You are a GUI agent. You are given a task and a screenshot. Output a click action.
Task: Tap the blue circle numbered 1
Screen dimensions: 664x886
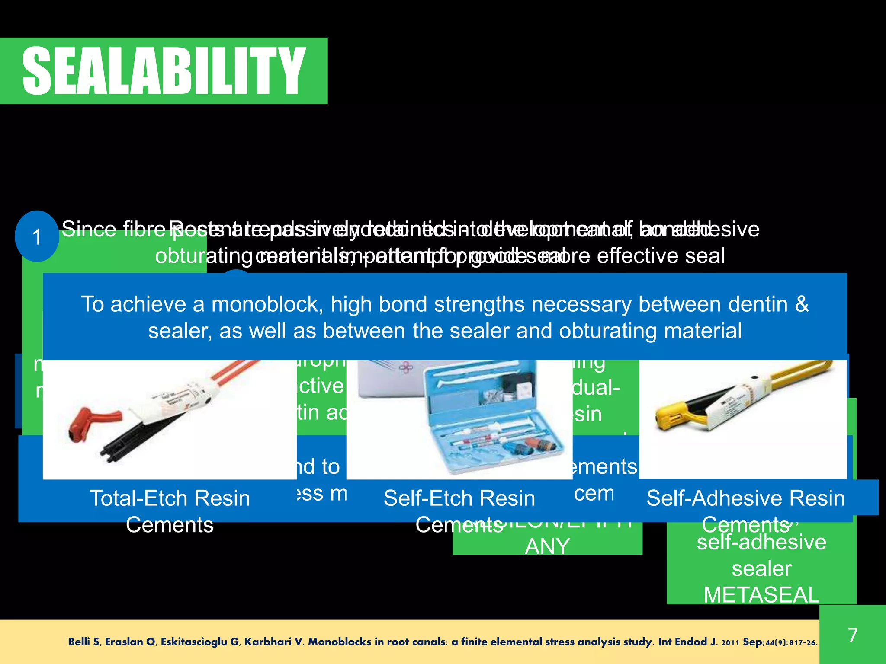coord(37,236)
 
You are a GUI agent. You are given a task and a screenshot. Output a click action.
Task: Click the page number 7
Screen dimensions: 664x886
coord(852,635)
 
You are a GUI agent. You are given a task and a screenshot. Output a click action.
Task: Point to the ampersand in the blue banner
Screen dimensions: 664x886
coord(802,304)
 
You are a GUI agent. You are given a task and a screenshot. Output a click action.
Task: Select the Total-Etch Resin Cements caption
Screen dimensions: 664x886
coord(170,511)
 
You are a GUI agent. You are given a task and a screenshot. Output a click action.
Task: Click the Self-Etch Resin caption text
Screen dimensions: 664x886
coord(459,498)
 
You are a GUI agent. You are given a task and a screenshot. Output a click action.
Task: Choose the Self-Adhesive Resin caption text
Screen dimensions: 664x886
coord(745,498)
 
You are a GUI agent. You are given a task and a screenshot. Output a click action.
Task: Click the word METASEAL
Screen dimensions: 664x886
coord(761,595)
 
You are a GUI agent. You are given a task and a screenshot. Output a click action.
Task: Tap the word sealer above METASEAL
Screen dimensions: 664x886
coord(761,568)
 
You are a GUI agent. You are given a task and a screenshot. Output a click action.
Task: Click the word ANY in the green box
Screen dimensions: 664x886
coord(547,546)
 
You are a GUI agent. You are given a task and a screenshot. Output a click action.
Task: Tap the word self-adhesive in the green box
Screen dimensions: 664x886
coord(761,542)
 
